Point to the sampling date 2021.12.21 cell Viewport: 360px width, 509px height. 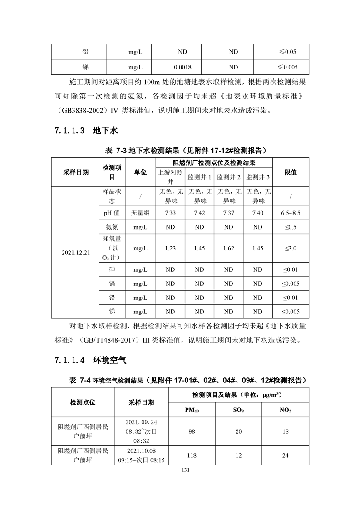point(75,253)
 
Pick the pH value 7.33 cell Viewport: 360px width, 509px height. point(170,213)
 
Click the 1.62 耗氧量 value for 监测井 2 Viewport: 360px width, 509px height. point(229,248)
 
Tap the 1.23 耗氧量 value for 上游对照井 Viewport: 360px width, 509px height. point(170,248)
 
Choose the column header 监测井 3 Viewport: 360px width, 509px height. point(258,176)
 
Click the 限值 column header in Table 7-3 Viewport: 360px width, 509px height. point(291,172)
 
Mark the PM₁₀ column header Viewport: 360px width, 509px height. point(192,410)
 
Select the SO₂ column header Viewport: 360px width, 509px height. point(238,410)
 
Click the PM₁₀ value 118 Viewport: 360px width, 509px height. point(192,455)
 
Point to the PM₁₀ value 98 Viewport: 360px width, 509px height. point(192,432)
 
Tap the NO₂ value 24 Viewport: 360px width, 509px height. point(286,455)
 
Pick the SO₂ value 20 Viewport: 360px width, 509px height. point(238,432)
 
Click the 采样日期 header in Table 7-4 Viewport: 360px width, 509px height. point(141,402)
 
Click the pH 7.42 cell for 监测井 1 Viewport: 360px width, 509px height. point(199,213)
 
